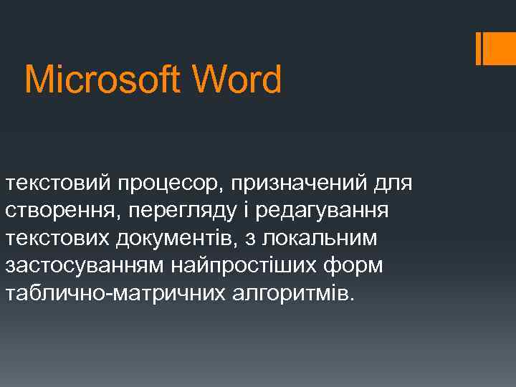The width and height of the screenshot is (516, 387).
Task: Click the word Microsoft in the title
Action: click(96, 80)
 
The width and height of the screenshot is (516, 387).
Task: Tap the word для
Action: click(393, 185)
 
